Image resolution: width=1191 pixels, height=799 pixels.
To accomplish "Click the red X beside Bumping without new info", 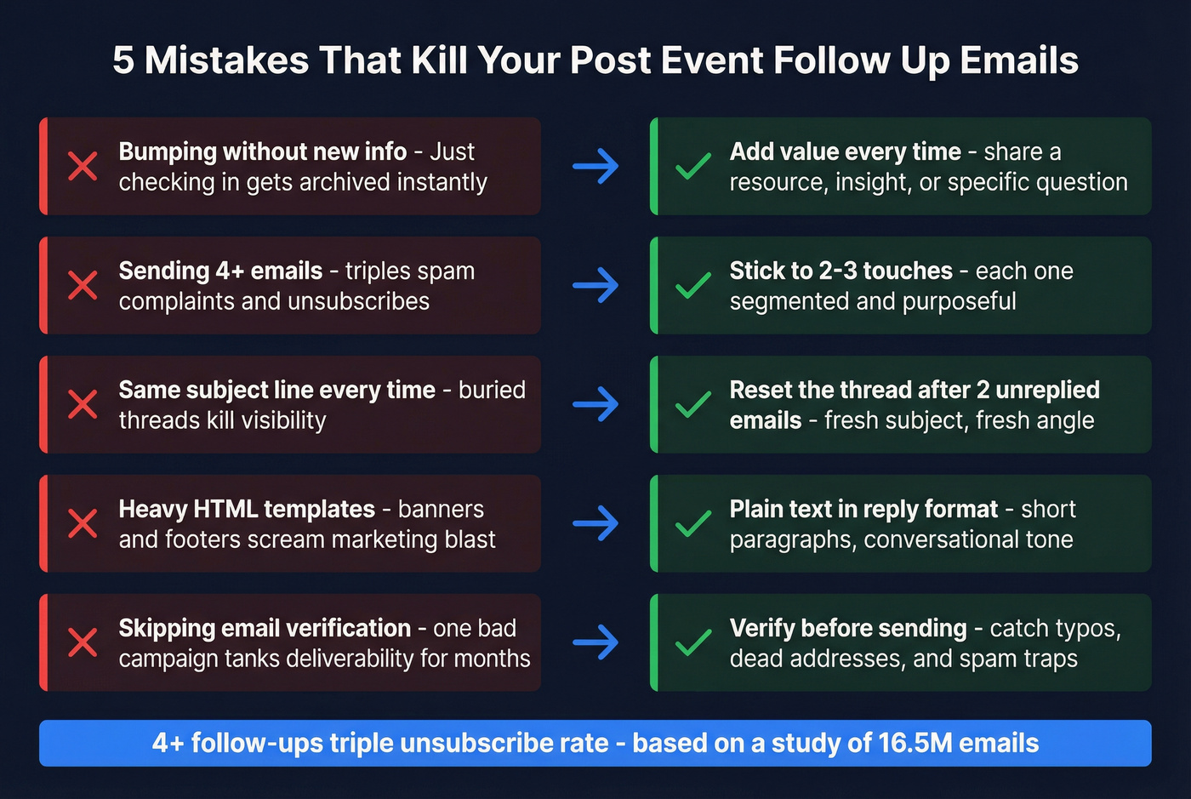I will (x=83, y=166).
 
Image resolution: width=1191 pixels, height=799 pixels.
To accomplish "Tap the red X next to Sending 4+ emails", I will (x=83, y=285).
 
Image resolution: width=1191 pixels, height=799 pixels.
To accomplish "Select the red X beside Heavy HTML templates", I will (x=83, y=523).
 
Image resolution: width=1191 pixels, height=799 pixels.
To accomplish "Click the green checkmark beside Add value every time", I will (x=693, y=166).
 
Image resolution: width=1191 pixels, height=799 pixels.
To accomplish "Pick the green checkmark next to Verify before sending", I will (x=693, y=642).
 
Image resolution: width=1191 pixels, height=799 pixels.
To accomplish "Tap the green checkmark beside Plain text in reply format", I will (x=693, y=523).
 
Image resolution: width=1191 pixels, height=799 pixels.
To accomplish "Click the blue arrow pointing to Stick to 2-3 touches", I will (x=595, y=285).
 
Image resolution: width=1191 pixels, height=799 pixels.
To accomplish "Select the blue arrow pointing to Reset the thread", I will (x=595, y=404).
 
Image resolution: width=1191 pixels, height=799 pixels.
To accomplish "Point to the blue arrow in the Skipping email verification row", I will (x=595, y=642).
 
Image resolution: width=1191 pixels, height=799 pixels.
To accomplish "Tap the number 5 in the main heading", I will (x=123, y=60).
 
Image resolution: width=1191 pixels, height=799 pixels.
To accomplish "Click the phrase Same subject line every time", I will (x=276, y=390).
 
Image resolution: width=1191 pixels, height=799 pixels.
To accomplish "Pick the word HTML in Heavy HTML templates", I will (x=225, y=509).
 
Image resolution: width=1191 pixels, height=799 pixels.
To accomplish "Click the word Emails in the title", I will (x=1019, y=60).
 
